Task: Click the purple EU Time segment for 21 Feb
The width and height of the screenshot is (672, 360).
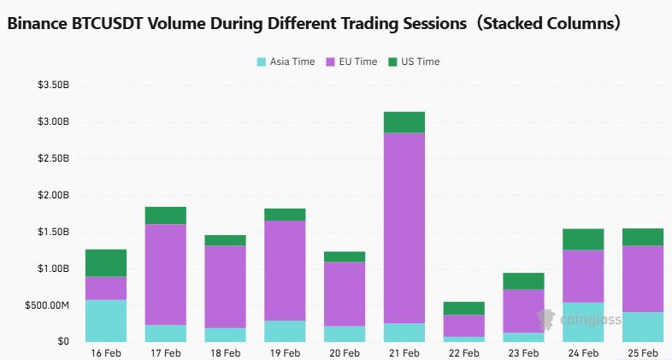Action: tap(404, 227)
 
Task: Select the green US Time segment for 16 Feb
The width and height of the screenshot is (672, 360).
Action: tap(106, 263)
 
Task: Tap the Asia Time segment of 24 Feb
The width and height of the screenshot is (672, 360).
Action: tap(583, 322)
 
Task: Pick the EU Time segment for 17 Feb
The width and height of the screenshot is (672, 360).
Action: tap(166, 274)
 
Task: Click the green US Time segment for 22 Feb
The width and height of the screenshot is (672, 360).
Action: tap(464, 308)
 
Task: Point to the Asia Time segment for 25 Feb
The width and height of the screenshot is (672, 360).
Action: tap(643, 327)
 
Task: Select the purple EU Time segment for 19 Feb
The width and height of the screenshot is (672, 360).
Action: tap(285, 270)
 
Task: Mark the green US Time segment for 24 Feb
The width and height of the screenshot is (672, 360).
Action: tap(583, 239)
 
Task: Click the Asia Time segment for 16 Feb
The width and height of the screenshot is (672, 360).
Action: tap(106, 321)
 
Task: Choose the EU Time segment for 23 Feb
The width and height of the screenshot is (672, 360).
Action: tap(524, 310)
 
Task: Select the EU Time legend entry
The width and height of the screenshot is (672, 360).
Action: tap(351, 62)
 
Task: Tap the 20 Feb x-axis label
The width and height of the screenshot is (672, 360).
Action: tap(345, 352)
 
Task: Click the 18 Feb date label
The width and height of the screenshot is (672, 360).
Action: tap(226, 352)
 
